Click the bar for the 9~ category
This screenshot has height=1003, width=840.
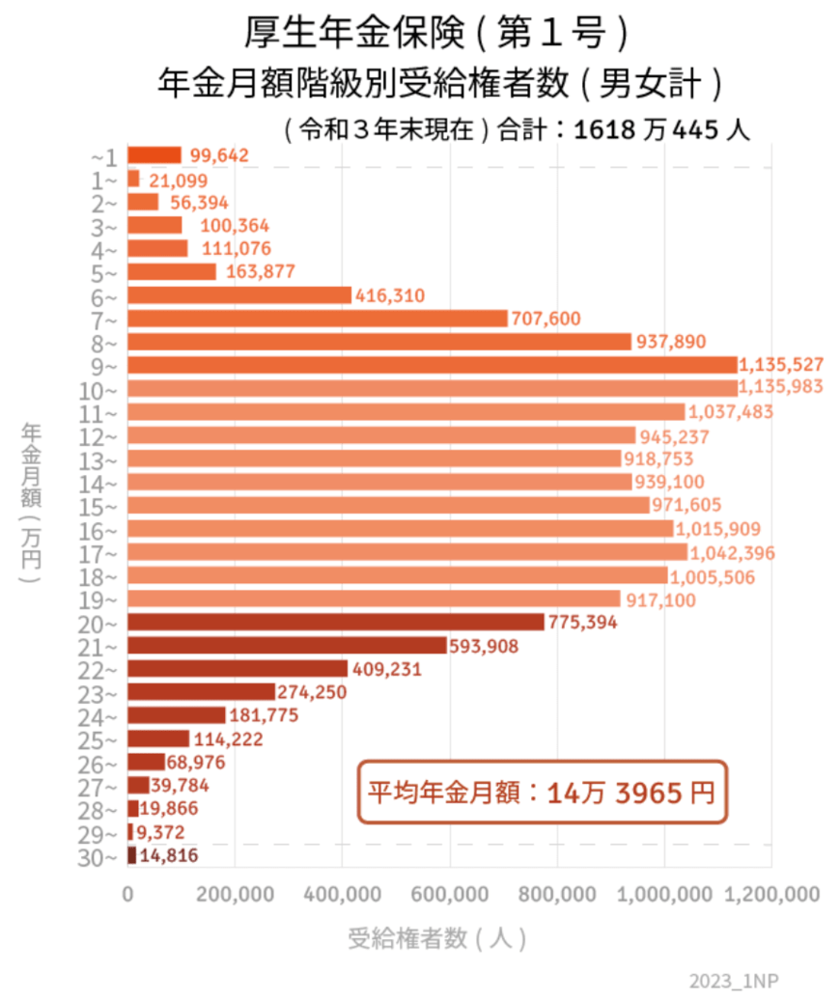(432, 365)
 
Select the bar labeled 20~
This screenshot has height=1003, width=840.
(336, 623)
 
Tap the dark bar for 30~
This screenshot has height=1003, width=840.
(132, 855)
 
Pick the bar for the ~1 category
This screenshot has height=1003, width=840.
(154, 155)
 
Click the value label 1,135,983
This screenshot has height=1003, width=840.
(780, 388)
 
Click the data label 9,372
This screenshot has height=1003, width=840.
(160, 832)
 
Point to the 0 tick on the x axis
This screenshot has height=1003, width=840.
(128, 895)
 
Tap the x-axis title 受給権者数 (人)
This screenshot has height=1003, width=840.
(437, 938)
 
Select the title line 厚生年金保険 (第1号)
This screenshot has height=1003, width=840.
(436, 34)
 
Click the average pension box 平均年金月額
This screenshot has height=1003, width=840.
(542, 794)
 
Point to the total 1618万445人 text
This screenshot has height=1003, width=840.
(661, 131)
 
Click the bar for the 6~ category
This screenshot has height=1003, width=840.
(239, 295)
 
